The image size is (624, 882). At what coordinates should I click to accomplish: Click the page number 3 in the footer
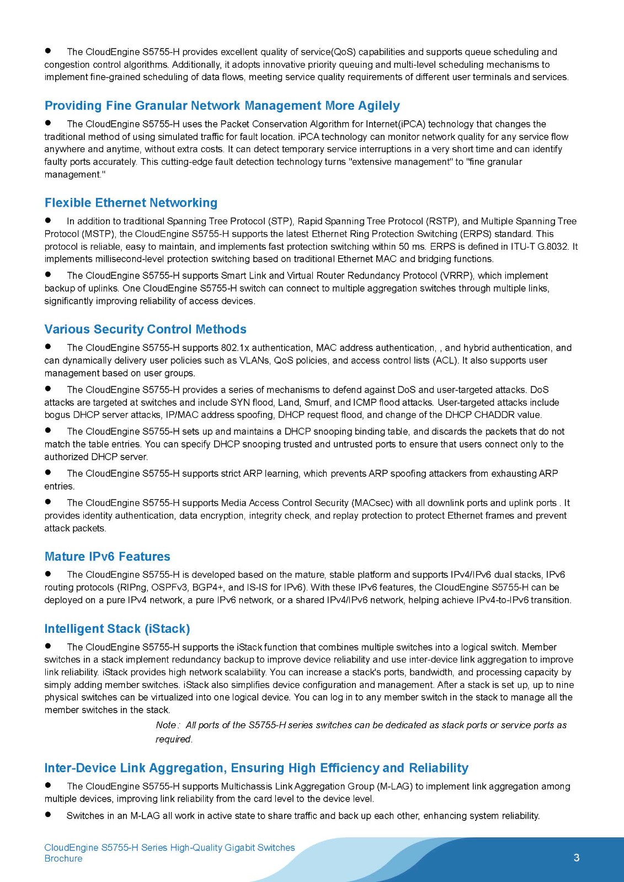coord(577,857)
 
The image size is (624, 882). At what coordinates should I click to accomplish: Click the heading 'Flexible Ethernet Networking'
coord(131,203)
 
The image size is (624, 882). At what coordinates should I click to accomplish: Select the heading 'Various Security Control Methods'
coord(145,329)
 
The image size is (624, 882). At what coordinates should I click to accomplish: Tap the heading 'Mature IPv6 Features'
coord(107,556)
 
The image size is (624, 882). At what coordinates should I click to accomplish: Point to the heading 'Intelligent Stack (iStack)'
coord(117,628)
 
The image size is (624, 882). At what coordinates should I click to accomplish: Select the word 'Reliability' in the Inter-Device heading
coord(439,768)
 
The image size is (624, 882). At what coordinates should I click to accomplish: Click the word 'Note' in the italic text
coord(166,725)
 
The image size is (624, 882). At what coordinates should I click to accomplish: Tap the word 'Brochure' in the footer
coord(63,858)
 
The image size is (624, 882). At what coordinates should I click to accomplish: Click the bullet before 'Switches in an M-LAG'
coord(49,815)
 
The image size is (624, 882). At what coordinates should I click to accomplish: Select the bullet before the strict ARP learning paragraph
coord(49,472)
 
